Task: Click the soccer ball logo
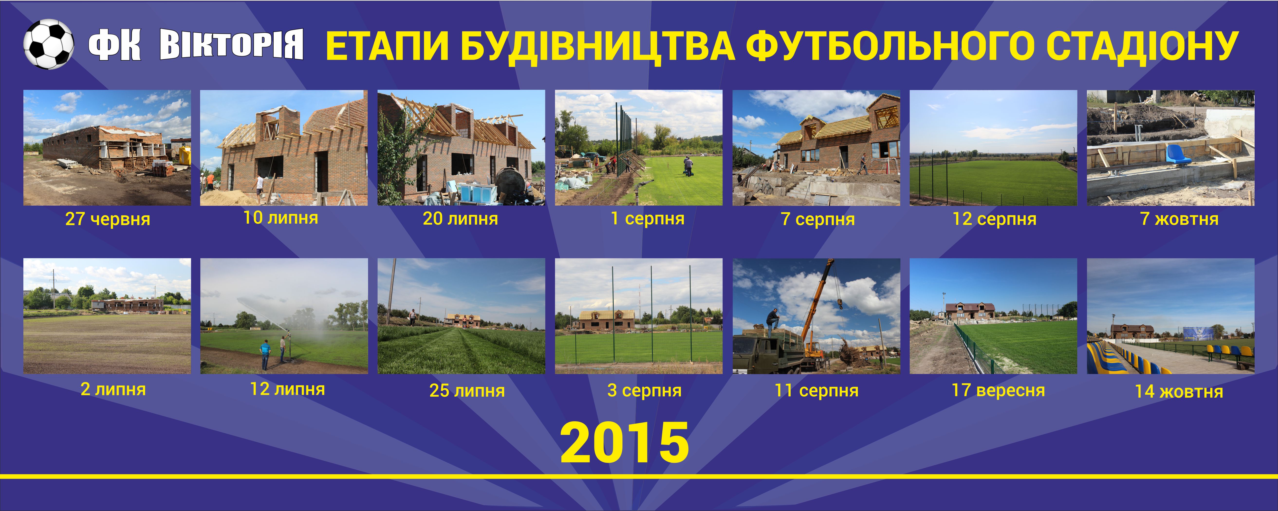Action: [x=49, y=44]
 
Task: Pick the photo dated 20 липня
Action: [x=461, y=148]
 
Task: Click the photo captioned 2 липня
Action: [x=107, y=316]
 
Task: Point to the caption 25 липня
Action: [x=467, y=391]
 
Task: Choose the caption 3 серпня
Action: [x=644, y=391]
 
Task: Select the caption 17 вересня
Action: [x=998, y=390]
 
